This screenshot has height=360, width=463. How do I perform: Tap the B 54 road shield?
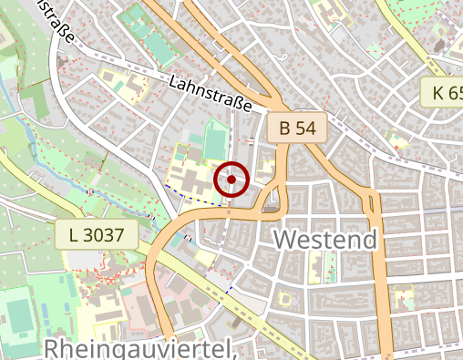[x=297, y=129]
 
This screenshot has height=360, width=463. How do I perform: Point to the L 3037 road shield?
[x=96, y=235]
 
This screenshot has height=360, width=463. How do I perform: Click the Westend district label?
[x=325, y=241]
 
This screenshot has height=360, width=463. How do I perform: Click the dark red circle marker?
[x=232, y=180]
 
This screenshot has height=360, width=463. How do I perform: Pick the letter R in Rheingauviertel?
[x=53, y=350]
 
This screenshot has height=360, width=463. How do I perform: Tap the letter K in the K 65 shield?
[x=438, y=92]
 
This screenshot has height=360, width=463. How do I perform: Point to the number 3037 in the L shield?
[x=104, y=235]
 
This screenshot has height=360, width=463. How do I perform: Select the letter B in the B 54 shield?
[x=285, y=129]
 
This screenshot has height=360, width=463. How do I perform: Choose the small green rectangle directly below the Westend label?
[x=330, y=266]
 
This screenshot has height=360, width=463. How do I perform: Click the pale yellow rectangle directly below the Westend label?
[x=316, y=266]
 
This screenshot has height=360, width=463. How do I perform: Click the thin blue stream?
[x=32, y=137]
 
